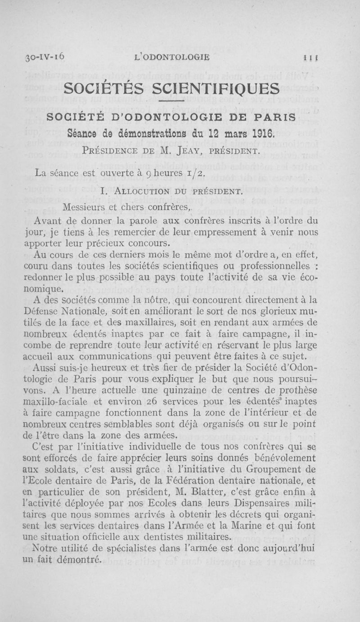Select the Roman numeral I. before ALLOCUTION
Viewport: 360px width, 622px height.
point(104,193)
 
